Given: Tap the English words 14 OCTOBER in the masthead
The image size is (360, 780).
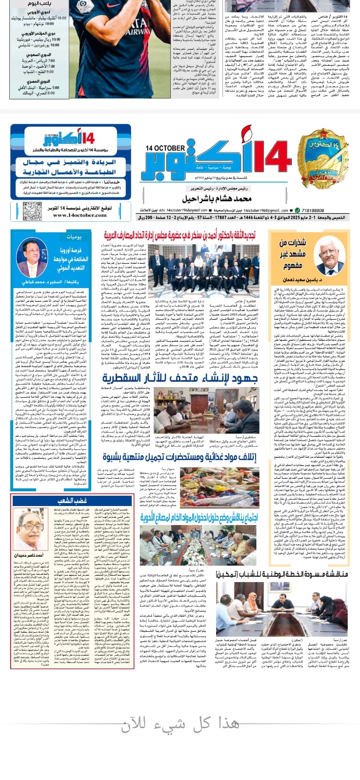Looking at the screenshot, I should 166,148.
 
